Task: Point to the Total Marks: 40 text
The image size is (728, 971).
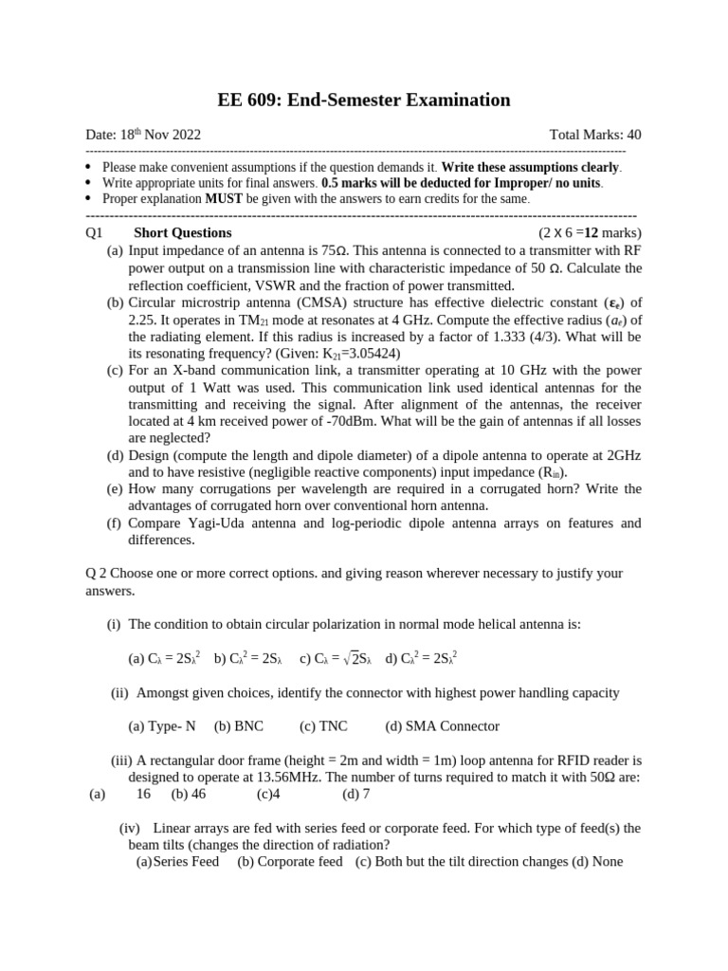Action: pyautogui.click(x=594, y=135)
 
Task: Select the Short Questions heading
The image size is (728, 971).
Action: pyautogui.click(x=182, y=232)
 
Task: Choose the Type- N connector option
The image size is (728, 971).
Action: pyautogui.click(x=162, y=726)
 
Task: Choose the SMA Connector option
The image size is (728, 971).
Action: pyautogui.click(x=442, y=726)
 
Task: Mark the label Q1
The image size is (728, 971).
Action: pyautogui.click(x=94, y=232)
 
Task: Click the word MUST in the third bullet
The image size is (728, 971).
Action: pyautogui.click(x=225, y=198)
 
